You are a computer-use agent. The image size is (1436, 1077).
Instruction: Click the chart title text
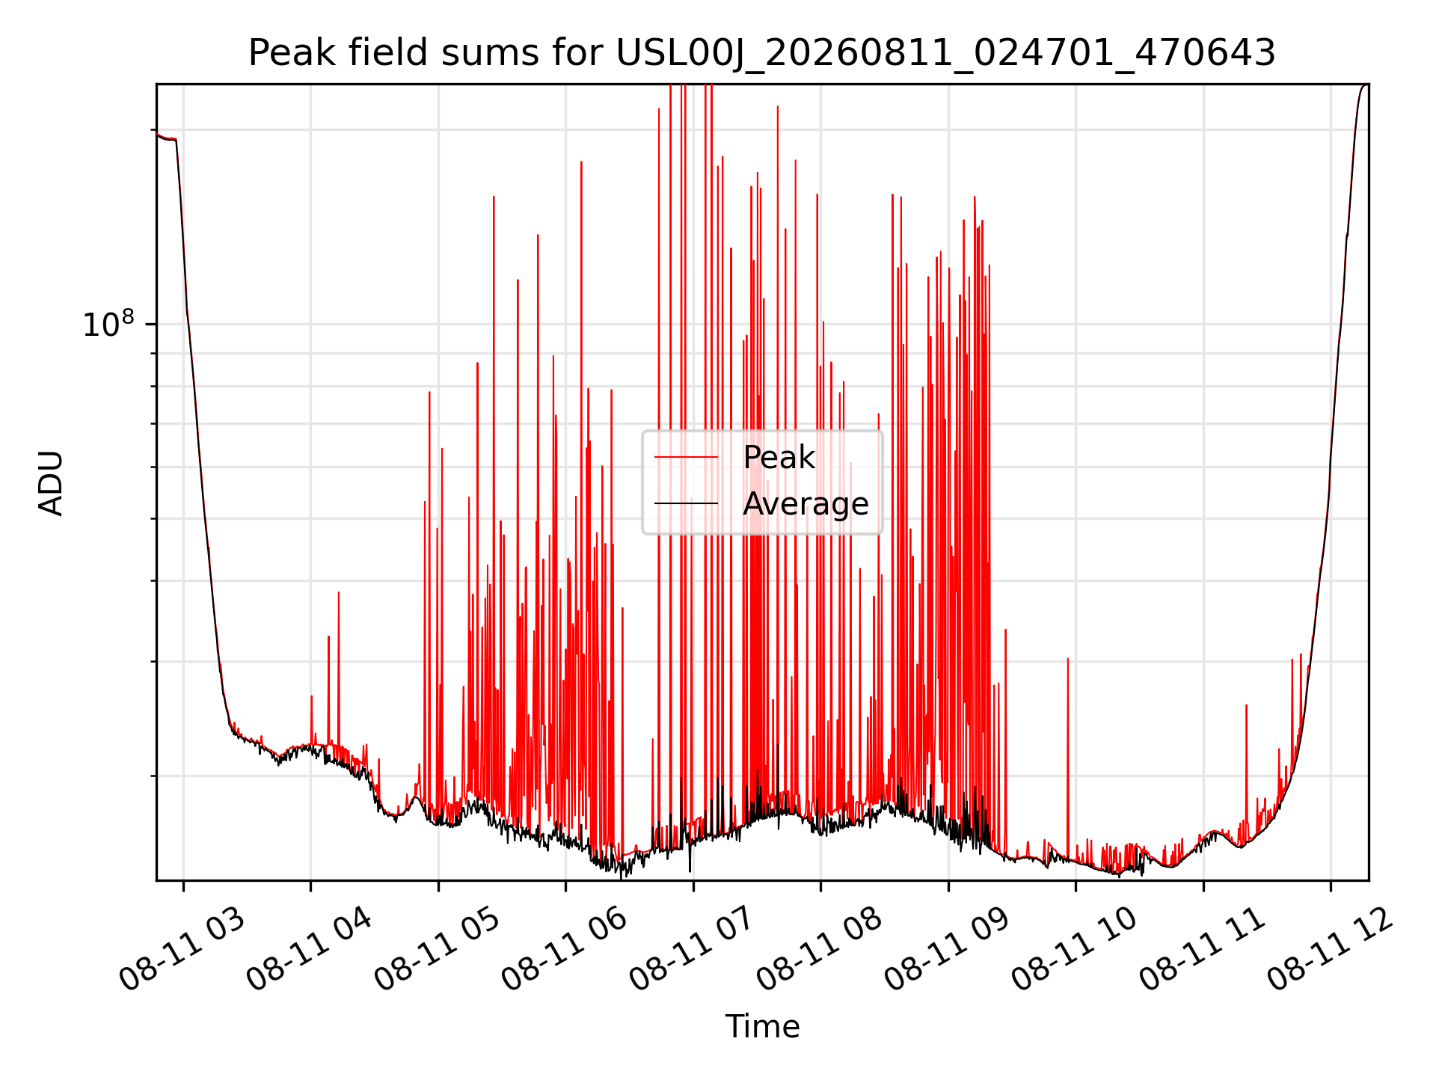coord(761,53)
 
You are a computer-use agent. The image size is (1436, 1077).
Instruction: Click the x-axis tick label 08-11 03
coord(182,950)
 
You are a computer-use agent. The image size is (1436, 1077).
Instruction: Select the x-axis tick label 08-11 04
coord(309,950)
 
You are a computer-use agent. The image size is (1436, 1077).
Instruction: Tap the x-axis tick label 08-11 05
coord(437,950)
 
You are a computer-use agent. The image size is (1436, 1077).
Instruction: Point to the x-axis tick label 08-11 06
coord(564,950)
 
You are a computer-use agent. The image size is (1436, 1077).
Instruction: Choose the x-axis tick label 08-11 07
coord(692,950)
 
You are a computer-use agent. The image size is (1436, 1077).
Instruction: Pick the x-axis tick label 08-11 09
coord(947,950)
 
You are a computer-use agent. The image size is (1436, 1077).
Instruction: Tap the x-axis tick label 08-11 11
coord(1202,950)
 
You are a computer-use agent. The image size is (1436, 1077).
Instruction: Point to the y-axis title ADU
coord(51,483)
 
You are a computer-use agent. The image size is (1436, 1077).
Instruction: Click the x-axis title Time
coord(762,1027)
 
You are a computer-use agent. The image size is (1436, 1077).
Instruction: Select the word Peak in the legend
coord(779,457)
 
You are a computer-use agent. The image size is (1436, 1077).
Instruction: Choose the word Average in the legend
coord(806,504)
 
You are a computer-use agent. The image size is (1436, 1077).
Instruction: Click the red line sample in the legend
coord(686,457)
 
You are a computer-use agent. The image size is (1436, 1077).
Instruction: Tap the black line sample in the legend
coord(686,503)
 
